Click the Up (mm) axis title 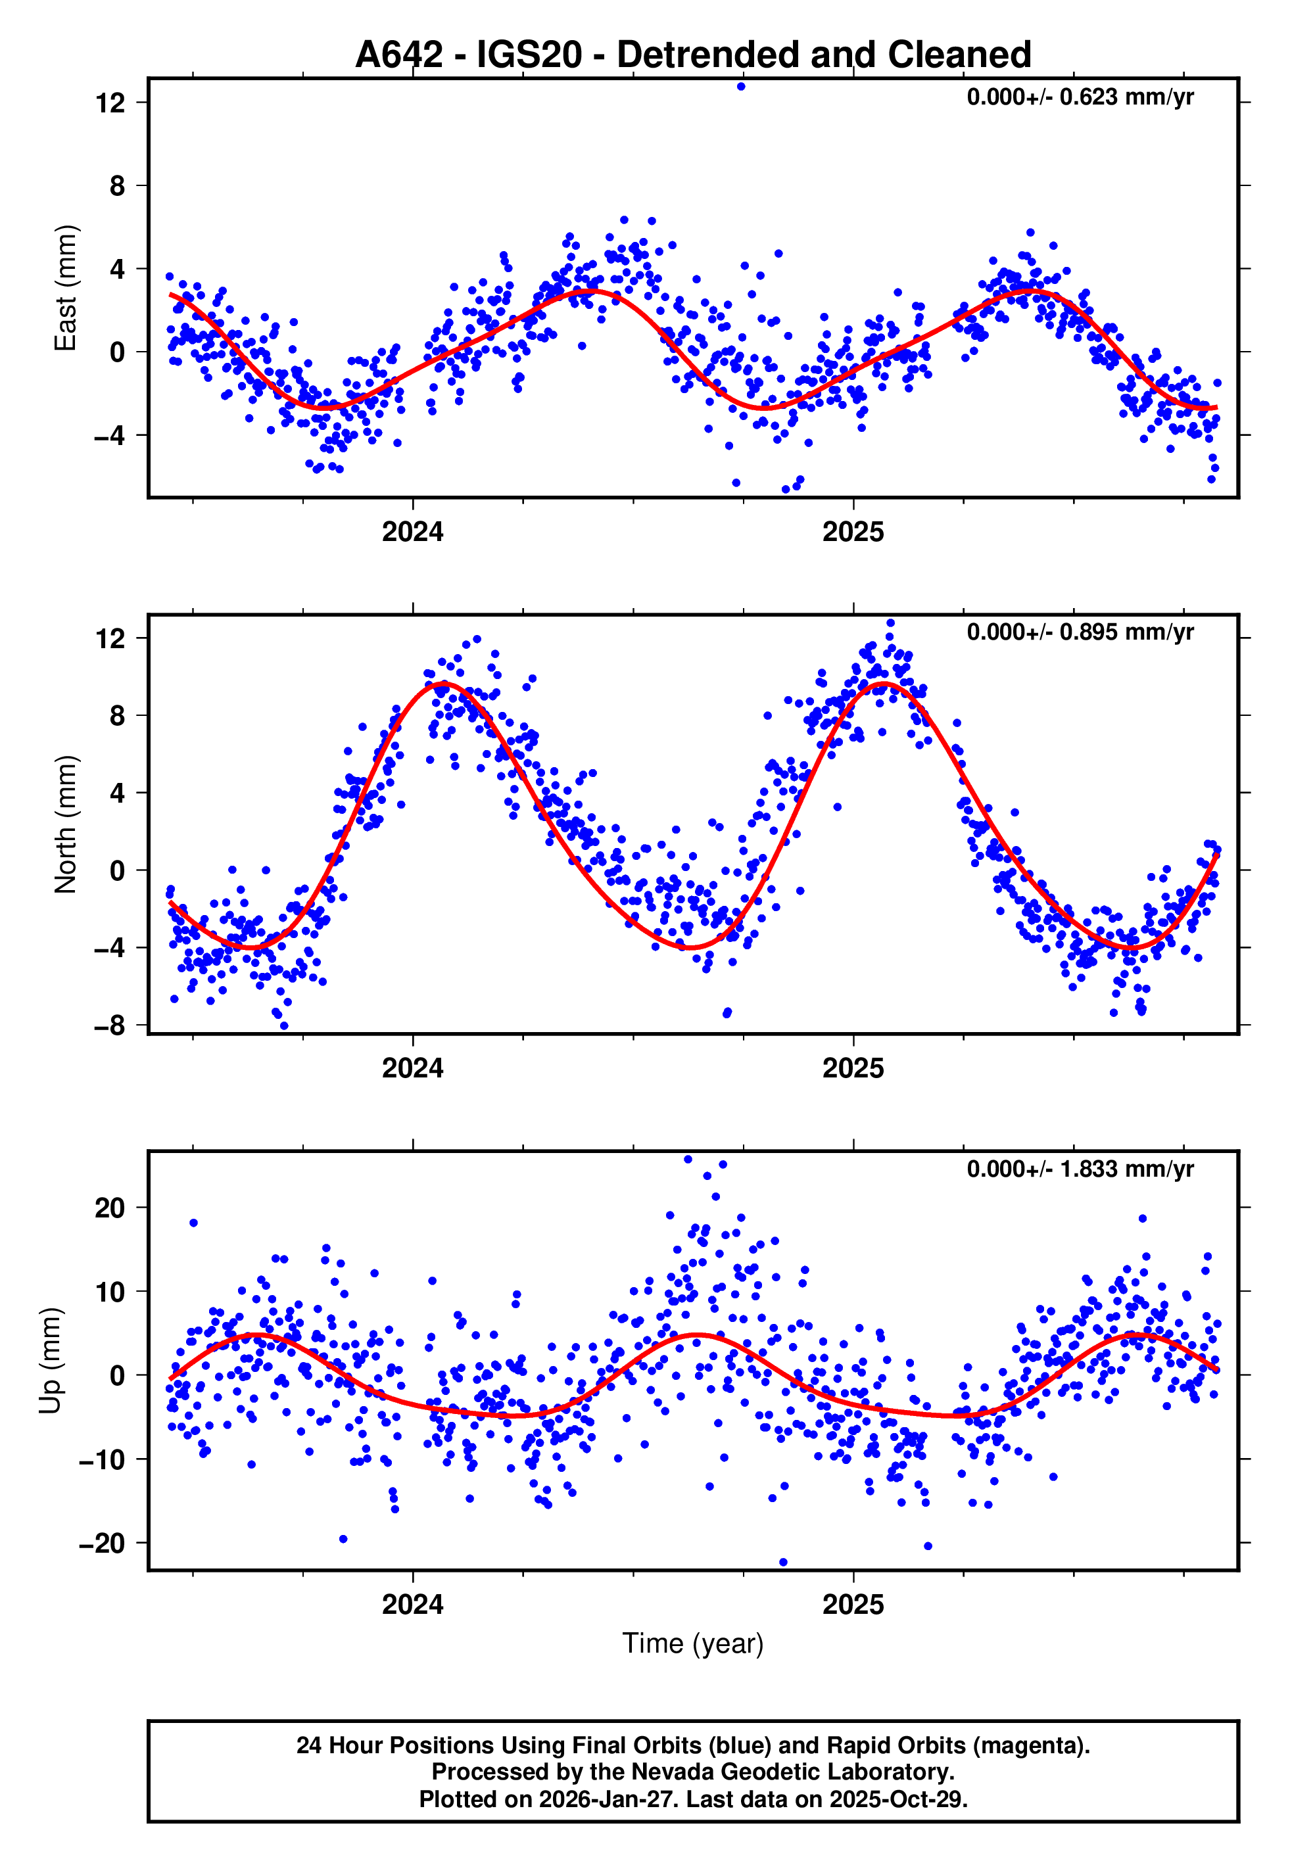click(x=50, y=1361)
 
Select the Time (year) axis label click(x=693, y=1644)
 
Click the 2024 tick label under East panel click(x=412, y=532)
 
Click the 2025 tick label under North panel click(x=853, y=1068)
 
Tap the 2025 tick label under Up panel click(x=853, y=1605)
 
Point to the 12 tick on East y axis click(x=110, y=103)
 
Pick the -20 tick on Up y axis click(x=101, y=1543)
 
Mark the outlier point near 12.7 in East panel click(x=740, y=86)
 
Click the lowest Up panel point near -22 click(x=782, y=1563)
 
